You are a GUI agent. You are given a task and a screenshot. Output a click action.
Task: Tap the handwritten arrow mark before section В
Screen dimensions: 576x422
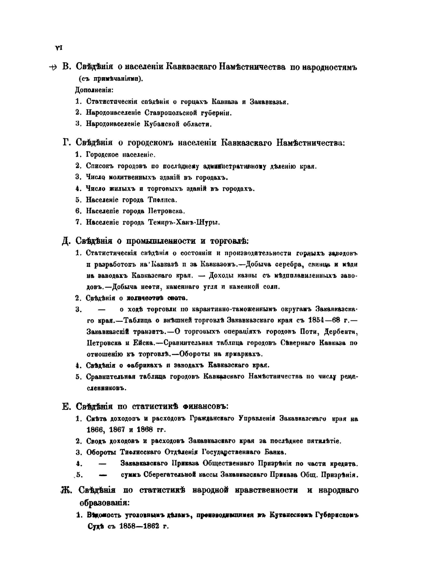[x=53, y=67]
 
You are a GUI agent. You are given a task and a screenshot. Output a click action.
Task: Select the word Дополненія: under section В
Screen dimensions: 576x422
[x=94, y=90]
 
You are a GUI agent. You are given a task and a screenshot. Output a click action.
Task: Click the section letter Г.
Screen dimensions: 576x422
[x=66, y=143]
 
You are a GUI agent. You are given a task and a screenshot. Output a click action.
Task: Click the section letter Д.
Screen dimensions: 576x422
[x=66, y=241]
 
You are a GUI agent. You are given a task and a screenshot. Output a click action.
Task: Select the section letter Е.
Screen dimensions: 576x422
[x=66, y=406]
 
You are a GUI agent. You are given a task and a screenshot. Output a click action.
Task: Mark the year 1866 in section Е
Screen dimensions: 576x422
[x=95, y=430]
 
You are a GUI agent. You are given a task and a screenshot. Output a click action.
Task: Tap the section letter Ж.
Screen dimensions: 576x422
[x=67, y=490]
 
